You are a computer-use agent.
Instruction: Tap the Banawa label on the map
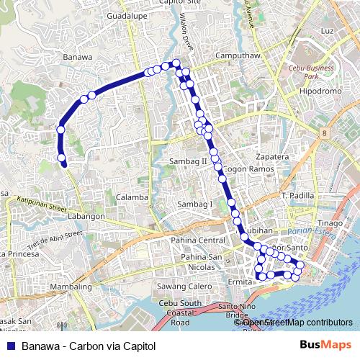click(x=78, y=57)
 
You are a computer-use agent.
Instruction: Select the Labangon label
click(x=87, y=215)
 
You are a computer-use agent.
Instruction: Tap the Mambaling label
click(x=72, y=287)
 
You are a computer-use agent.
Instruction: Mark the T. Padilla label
click(x=298, y=196)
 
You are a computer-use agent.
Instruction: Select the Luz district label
click(x=328, y=32)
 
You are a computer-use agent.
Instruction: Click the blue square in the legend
click(x=11, y=346)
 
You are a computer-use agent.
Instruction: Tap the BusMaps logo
click(x=323, y=346)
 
